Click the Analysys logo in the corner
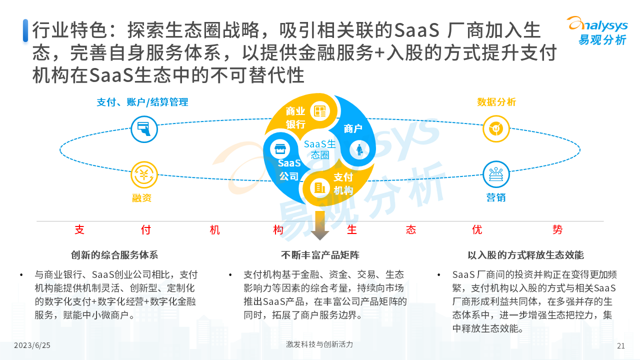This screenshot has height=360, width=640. pyautogui.click(x=597, y=31)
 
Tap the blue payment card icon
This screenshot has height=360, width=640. pyautogui.click(x=144, y=129)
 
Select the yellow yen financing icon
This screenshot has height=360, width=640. pyautogui.click(x=144, y=175)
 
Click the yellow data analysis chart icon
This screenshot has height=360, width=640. pyautogui.click(x=496, y=129)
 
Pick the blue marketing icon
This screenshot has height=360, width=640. pyautogui.click(x=496, y=174)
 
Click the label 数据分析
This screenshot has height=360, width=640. pyautogui.click(x=496, y=102)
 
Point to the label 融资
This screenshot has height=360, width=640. pyautogui.click(x=141, y=197)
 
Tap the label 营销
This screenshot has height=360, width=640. pyautogui.click(x=496, y=197)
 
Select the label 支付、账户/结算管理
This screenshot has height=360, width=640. pyautogui.click(x=142, y=102)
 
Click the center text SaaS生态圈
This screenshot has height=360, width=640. pyautogui.click(x=320, y=149)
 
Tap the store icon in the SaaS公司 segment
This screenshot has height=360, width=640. pyautogui.click(x=280, y=149)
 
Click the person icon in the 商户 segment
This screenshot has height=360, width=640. pyautogui.click(x=359, y=149)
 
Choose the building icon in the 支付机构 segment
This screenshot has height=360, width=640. pyautogui.click(x=319, y=188)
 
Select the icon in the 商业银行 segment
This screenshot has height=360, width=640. pyautogui.click(x=319, y=111)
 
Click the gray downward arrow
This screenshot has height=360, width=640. pyautogui.click(x=320, y=225)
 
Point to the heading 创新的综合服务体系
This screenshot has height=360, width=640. pyautogui.click(x=114, y=255)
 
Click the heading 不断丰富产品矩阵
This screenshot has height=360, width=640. pyautogui.click(x=320, y=255)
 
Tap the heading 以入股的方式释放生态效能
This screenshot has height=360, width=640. pyautogui.click(x=525, y=255)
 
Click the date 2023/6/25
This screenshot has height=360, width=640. pyautogui.click(x=32, y=345)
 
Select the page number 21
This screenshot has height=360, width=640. pyautogui.click(x=621, y=345)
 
